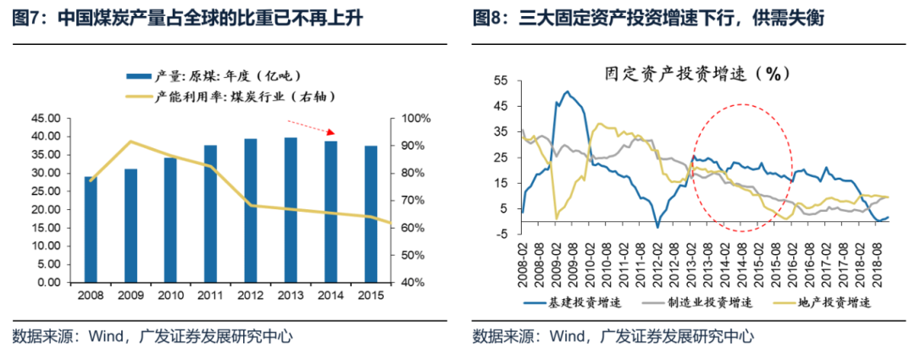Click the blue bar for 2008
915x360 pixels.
coord(90,230)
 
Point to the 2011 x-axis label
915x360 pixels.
coord(210,295)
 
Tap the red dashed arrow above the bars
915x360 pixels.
coord(313,127)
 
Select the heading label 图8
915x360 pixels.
coord(489,18)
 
